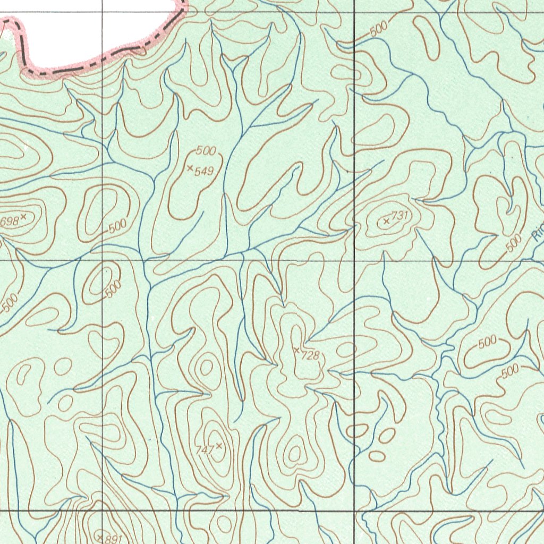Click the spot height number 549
(x=204, y=171)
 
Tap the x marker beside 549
(x=190, y=168)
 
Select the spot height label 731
(x=400, y=215)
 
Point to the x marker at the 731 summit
(x=386, y=220)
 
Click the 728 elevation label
(x=310, y=355)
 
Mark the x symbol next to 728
(x=296, y=350)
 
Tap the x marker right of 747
(x=218, y=446)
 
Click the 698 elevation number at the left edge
(x=10, y=220)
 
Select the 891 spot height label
(x=113, y=539)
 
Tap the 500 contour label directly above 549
(x=206, y=151)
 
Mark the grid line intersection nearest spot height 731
(x=354, y=261)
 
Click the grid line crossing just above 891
(x=102, y=511)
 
